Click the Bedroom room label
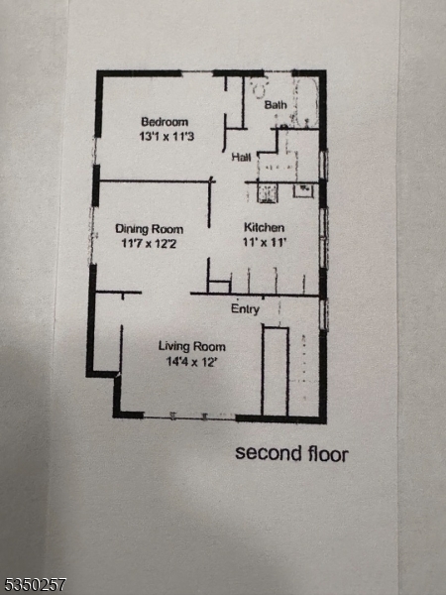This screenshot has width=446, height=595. point(165,122)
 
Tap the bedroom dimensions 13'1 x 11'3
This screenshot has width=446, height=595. point(167,136)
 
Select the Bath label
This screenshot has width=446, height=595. point(276,105)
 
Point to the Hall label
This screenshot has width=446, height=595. point(241,157)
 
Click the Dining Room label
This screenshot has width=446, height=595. point(149,229)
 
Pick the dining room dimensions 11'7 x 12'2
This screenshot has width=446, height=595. point(149,243)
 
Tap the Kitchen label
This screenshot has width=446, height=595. point(264,228)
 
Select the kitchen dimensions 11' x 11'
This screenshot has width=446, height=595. point(265,242)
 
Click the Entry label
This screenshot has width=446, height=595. point(245,309)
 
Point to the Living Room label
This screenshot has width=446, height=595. point(192,346)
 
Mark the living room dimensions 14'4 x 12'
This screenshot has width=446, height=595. point(191,361)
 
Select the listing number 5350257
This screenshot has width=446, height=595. point(34,584)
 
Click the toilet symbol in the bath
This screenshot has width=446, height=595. point(260,88)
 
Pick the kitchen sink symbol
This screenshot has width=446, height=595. point(303,190)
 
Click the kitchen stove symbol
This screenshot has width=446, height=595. point(268,192)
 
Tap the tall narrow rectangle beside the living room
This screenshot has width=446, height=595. point(275,371)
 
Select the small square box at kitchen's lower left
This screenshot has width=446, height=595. point(219,287)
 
